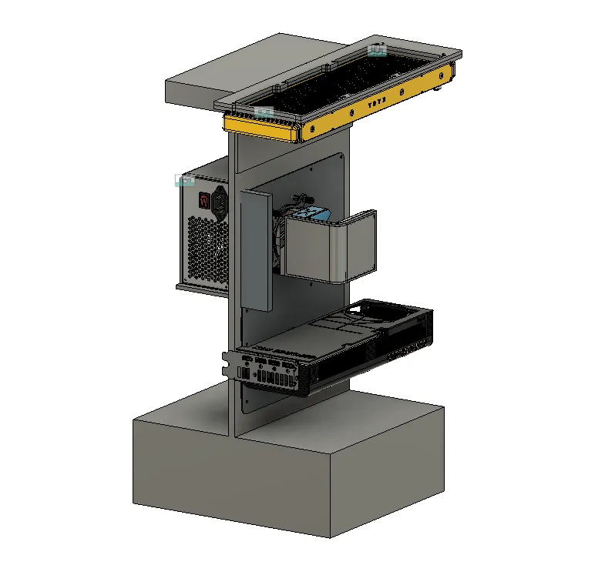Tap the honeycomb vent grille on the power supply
(207, 246)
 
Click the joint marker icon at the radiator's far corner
(378, 51)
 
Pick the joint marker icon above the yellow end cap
(264, 112)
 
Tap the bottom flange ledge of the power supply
(202, 287)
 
